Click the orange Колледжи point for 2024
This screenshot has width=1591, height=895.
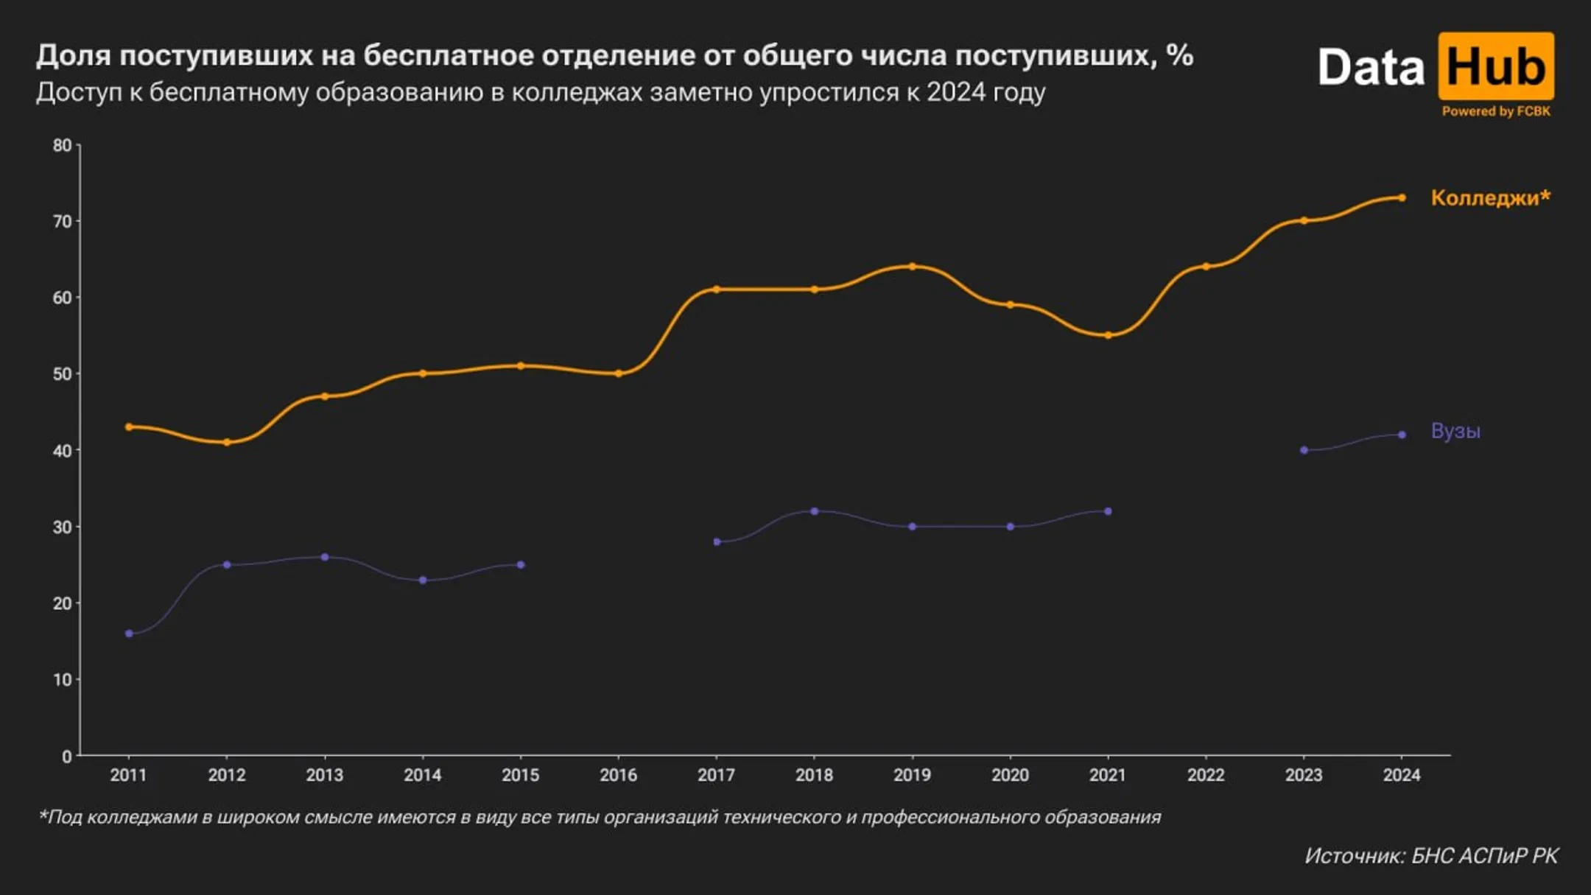1402,197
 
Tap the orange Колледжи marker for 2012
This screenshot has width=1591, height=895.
227,442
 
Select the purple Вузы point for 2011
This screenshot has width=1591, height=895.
129,633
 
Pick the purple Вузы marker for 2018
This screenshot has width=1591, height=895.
814,511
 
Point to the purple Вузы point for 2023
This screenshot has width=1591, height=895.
1304,450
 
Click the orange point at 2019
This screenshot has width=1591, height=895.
912,267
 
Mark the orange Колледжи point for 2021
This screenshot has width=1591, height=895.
1108,335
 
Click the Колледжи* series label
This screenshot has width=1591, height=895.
1489,197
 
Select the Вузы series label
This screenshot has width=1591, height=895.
1455,431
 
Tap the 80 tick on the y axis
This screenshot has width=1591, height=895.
63,146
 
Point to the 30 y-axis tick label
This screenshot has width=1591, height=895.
63,527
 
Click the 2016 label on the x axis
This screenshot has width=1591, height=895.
618,775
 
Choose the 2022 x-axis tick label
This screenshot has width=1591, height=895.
1205,775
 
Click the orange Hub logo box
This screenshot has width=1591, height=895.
1495,66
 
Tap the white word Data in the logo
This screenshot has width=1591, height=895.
1370,68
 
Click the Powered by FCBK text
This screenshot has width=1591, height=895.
1495,111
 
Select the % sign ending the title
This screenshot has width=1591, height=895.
1180,55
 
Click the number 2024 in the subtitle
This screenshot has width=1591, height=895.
955,93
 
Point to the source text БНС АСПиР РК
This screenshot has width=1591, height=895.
1484,856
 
